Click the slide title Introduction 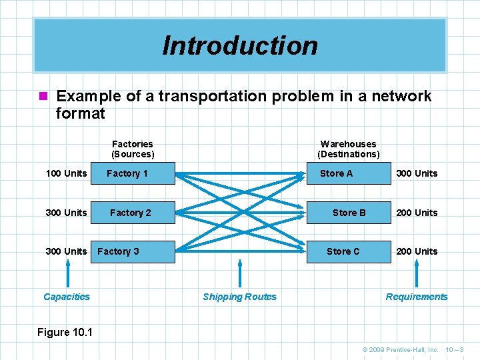click(240, 45)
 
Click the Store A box click(347, 173)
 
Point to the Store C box click(347, 251)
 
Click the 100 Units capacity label click(66, 173)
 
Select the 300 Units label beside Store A click(417, 173)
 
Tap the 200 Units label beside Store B click(417, 213)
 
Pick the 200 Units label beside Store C click(417, 251)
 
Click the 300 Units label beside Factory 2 click(66, 213)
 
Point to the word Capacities click(67, 297)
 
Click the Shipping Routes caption click(239, 297)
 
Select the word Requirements click(417, 297)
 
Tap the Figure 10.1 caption click(65, 332)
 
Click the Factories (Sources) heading click(133, 149)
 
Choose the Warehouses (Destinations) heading click(348, 149)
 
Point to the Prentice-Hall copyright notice click(400, 349)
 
